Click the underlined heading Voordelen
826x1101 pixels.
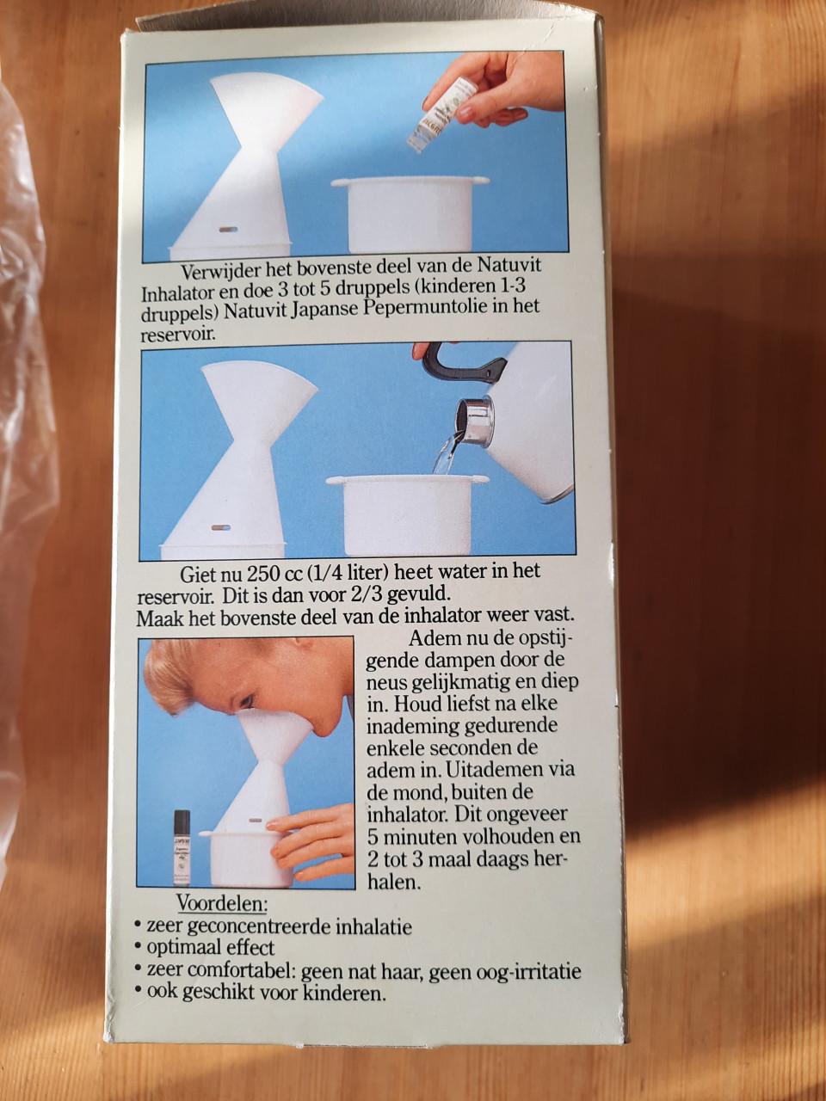[222, 904]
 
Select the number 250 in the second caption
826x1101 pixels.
[262, 574]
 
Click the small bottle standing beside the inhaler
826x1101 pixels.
[182, 846]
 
